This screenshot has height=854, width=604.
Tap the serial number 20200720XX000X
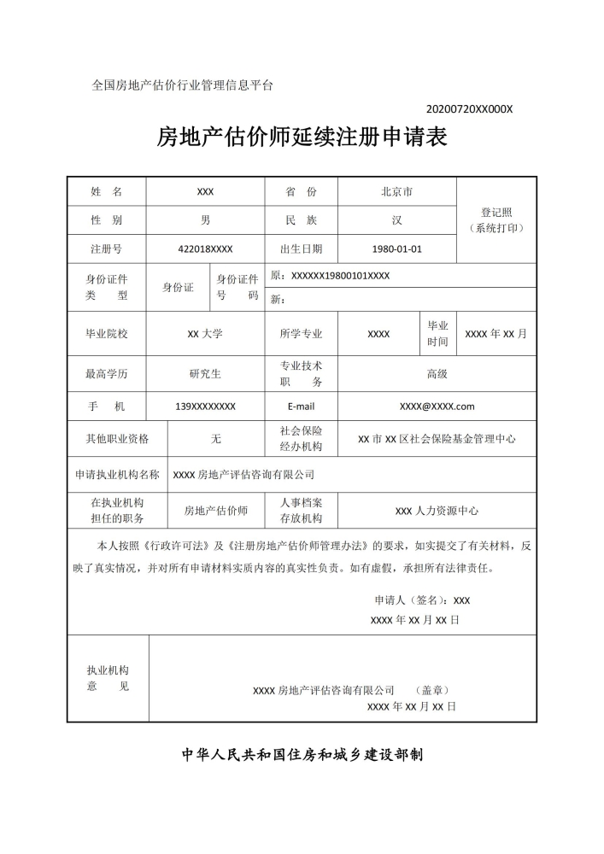click(469, 109)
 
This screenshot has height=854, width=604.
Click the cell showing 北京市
click(397, 192)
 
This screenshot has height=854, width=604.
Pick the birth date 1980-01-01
click(397, 249)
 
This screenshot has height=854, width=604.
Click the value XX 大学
click(205, 334)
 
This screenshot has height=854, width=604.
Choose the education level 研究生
click(205, 373)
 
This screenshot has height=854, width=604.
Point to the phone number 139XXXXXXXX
click(205, 407)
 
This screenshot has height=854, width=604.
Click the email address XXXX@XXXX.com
click(437, 407)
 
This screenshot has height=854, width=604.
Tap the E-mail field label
click(301, 407)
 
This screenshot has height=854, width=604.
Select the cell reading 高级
click(437, 373)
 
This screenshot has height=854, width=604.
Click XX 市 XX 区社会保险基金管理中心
click(437, 439)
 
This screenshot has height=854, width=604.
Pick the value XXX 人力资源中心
click(437, 511)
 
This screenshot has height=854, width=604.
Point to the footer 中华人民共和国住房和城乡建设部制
click(302, 756)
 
